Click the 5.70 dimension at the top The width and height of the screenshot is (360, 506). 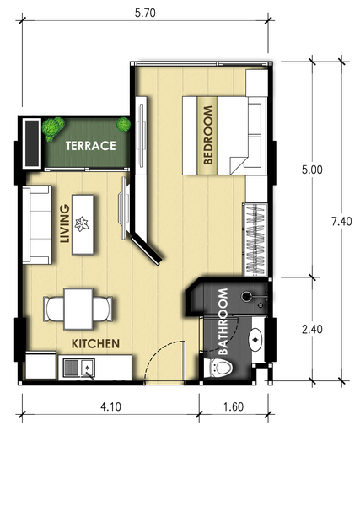point(145,13)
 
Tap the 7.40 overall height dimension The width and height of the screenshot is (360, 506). point(341,221)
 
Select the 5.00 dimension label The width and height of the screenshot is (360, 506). point(312,170)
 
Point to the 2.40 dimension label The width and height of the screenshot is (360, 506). point(312,329)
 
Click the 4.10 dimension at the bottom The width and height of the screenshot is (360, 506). point(110,406)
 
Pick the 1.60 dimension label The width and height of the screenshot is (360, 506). point(234,406)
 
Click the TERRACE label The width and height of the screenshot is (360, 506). point(91,146)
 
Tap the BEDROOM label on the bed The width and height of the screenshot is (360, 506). point(208,135)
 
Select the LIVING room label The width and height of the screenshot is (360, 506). point(65,223)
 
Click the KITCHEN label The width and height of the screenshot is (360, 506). point(95,344)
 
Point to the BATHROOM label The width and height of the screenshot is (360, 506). point(223,321)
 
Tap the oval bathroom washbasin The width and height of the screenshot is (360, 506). point(255,340)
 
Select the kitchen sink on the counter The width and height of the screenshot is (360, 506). point(79,368)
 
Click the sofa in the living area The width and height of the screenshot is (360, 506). point(37,224)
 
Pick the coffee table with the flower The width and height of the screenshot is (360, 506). point(83,224)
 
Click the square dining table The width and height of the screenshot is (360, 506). point(78,310)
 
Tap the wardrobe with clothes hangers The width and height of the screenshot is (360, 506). point(256,240)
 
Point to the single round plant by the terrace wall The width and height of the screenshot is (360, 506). point(123,124)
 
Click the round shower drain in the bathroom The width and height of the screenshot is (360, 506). point(246,296)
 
